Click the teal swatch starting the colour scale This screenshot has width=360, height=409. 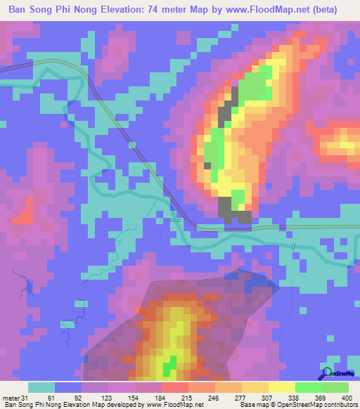point(41,387)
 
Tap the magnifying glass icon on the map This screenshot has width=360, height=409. point(326,372)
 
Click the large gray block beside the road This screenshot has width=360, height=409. point(224,208)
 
